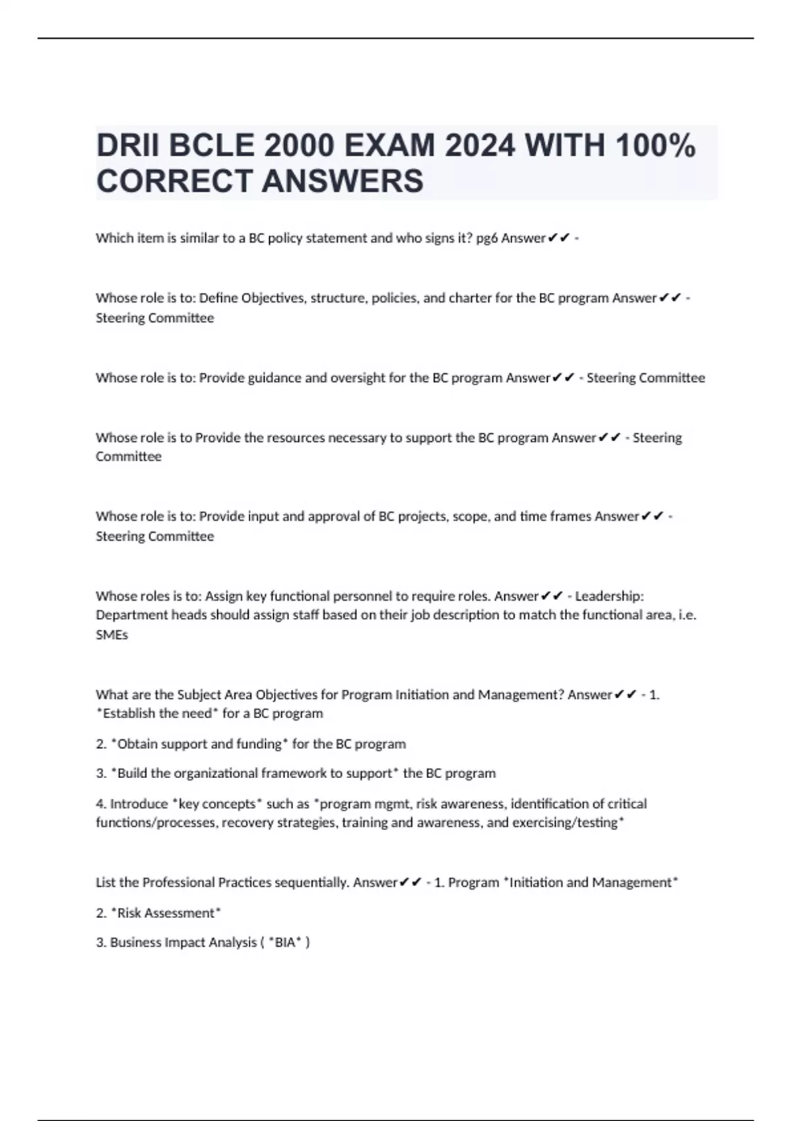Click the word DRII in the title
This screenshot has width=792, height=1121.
click(x=128, y=146)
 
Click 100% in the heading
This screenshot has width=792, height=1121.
click(x=655, y=146)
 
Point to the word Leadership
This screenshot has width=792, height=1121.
click(x=609, y=596)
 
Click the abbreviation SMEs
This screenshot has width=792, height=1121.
click(x=112, y=634)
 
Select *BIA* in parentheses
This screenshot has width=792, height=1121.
click(x=285, y=943)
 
